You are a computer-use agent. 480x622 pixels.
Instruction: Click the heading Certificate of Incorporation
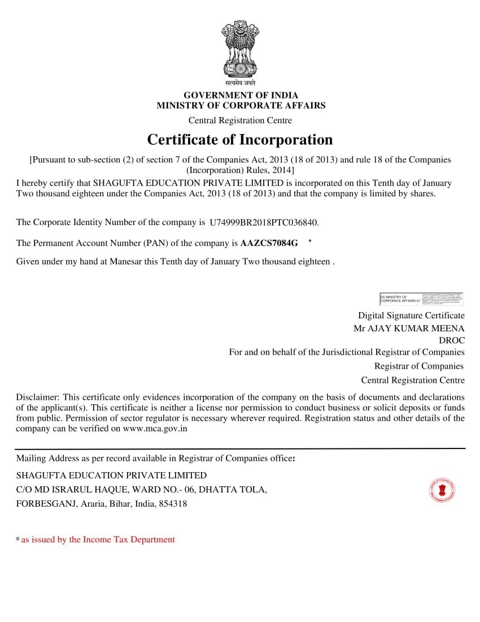(x=240, y=140)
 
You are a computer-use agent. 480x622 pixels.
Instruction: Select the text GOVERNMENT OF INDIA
(x=241, y=96)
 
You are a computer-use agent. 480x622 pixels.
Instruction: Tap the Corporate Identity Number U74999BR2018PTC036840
(x=268, y=223)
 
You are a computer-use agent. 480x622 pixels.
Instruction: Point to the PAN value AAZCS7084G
(x=269, y=243)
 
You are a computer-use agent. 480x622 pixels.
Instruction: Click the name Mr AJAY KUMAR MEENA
(x=409, y=329)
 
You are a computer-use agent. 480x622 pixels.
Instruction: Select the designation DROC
(x=452, y=340)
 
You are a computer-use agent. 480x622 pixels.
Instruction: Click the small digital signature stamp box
(x=421, y=299)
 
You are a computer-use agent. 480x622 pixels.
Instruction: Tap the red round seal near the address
(x=442, y=490)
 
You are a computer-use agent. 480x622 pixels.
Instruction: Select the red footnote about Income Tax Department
(x=98, y=539)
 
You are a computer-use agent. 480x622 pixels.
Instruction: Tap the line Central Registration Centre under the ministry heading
(x=240, y=120)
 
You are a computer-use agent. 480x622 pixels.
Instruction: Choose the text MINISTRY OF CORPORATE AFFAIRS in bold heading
(x=241, y=105)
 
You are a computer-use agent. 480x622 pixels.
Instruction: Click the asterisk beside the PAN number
(x=310, y=241)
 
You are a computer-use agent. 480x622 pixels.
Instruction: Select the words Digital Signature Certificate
(x=411, y=316)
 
